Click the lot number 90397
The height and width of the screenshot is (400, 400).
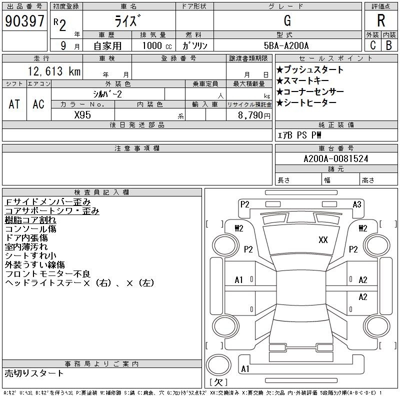tap(24, 21)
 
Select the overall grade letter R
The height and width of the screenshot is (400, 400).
tap(381, 20)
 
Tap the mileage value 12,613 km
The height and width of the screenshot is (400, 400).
tap(54, 71)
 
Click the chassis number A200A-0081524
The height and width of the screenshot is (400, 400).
tap(336, 159)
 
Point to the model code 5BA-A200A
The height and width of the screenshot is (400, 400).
tap(286, 45)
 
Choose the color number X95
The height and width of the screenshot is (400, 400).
tap(82, 115)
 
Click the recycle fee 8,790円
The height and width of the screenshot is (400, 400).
tap(254, 115)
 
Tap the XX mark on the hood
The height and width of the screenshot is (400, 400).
tap(323, 240)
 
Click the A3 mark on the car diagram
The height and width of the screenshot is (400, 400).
tap(357, 204)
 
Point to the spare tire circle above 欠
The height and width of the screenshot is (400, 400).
tap(218, 365)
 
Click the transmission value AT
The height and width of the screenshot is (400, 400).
tap(14, 104)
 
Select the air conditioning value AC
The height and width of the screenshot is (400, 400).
tap(38, 104)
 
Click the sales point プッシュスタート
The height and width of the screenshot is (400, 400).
tap(310, 69)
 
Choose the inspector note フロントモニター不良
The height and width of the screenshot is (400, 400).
tap(47, 274)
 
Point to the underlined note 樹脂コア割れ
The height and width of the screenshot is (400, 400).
tap(30, 220)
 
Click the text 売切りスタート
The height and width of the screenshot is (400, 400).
tap(34, 373)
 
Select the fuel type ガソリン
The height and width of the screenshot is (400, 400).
tap(194, 45)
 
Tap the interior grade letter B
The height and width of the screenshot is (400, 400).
tap(389, 45)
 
